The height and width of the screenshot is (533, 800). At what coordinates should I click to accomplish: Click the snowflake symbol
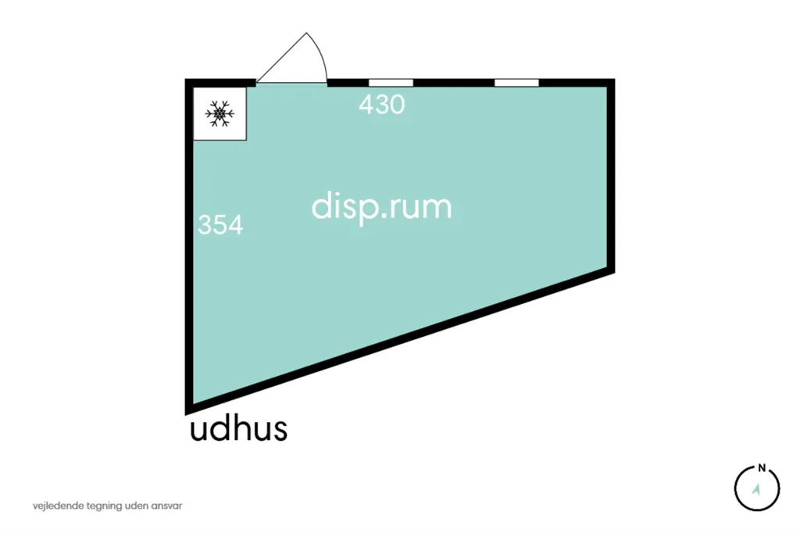pos(220,113)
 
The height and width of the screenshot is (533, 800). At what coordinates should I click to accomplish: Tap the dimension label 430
pos(381,105)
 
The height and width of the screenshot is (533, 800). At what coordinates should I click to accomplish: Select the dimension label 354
pos(220,224)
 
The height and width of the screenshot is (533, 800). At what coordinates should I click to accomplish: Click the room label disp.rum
pos(381,207)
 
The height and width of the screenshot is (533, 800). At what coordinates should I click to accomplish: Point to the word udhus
pos(238,429)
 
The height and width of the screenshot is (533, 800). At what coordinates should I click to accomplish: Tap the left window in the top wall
pos(391,83)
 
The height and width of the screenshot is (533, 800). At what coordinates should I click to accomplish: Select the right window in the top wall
pos(516,83)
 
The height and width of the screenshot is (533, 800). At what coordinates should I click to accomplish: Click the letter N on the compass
pos(762,467)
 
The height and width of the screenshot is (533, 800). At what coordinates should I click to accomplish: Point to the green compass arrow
pos(756,489)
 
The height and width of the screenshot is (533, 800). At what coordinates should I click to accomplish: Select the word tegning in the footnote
pos(105,506)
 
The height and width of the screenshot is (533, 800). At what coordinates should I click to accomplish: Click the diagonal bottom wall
pos(400,339)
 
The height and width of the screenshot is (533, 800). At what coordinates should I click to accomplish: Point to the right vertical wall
pos(611,176)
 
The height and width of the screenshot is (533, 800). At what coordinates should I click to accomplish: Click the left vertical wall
pos(189,247)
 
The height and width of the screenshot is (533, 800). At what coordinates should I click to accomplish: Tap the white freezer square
pos(220,113)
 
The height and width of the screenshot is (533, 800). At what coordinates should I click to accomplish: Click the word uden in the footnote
pos(137,506)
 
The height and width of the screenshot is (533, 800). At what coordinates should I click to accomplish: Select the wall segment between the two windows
pos(454,83)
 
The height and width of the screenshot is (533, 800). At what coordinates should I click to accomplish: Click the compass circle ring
pos(735,488)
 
